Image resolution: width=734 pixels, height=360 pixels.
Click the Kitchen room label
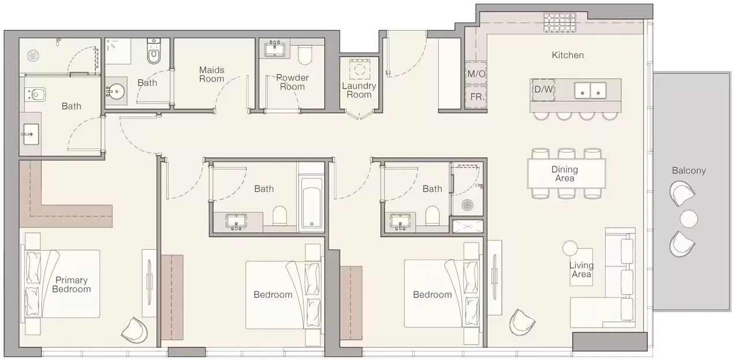coord(568,55)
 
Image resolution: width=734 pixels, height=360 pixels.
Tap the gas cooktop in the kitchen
coord(560,23)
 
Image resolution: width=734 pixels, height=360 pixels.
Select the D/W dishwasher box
coord(543,90)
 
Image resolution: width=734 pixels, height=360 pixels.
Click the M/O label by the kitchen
coord(476,74)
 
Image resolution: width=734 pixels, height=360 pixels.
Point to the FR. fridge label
coord(477,97)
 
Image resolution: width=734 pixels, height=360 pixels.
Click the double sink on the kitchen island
coord(590,91)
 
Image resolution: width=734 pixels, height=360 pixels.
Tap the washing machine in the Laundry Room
coord(360,69)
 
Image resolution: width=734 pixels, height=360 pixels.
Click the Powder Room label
coord(292,82)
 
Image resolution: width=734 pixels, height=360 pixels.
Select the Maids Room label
coord(212,75)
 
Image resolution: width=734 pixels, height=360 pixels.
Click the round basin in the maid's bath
coord(116,91)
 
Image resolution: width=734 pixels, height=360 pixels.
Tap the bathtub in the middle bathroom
coord(312,203)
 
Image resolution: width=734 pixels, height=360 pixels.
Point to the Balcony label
coord(689,170)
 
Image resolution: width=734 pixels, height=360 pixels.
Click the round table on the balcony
coord(689,218)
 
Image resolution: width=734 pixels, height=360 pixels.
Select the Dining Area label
coord(565,174)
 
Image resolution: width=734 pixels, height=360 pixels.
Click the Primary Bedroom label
coord(72,284)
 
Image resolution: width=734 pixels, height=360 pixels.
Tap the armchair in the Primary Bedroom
coord(135,331)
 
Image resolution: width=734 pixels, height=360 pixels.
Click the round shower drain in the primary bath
coord(33,55)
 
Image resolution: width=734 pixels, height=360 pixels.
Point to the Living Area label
coord(582,269)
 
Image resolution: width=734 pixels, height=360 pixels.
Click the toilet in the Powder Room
coord(305,55)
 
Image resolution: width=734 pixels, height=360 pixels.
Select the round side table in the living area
coord(570,248)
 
